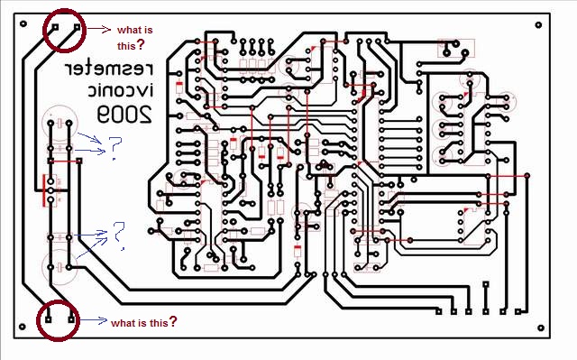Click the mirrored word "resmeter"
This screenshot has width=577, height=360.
pyautogui.click(x=108, y=69)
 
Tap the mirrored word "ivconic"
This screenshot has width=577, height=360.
pyautogui.click(x=120, y=89)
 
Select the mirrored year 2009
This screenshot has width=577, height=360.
pyautogui.click(x=124, y=114)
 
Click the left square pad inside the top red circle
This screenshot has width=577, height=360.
pyautogui.click(x=55, y=27)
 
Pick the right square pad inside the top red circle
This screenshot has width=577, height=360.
pyautogui.click(x=77, y=27)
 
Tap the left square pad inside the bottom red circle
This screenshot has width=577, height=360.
pyautogui.click(x=48, y=319)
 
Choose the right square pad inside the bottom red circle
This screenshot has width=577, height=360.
pyautogui.click(x=71, y=319)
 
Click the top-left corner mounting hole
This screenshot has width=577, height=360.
pyautogui.click(x=23, y=24)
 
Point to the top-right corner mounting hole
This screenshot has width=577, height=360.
pyautogui.click(x=538, y=25)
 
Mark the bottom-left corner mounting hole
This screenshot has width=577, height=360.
pyautogui.click(x=22, y=327)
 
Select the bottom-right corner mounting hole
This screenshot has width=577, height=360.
pyautogui.click(x=541, y=328)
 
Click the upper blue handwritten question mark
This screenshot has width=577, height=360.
pyautogui.click(x=114, y=148)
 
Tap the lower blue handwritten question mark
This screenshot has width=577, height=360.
pyautogui.click(x=119, y=235)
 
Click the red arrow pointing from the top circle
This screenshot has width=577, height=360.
pyautogui.click(x=98, y=29)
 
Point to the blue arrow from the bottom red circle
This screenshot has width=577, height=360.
pyautogui.click(x=92, y=320)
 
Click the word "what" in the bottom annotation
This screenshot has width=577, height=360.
pyautogui.click(x=123, y=323)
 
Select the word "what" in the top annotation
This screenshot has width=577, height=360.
pyautogui.click(x=128, y=30)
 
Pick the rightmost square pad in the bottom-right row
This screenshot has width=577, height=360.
pyautogui.click(x=517, y=311)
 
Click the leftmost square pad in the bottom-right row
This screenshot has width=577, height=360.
pyautogui.click(x=439, y=311)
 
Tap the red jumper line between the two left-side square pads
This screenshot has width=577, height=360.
pyautogui.click(x=65, y=161)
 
